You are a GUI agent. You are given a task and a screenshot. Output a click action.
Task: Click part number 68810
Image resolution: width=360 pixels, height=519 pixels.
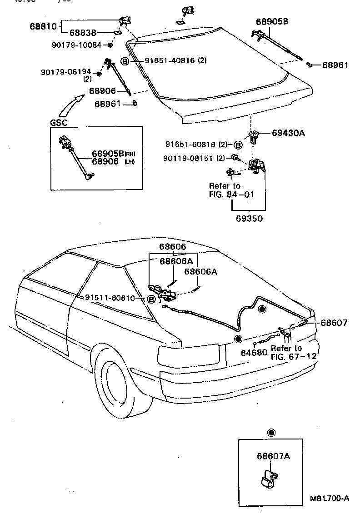pos(44,26)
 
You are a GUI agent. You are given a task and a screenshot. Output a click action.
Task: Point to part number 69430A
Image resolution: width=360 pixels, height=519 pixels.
pos(288,133)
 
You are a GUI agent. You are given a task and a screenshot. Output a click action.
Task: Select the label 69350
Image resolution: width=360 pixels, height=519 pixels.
pos(249,218)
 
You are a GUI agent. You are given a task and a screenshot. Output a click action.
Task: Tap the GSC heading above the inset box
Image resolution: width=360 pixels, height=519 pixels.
pos(58,123)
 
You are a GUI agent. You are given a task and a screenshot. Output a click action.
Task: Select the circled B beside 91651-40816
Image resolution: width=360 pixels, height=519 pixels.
pos(125,61)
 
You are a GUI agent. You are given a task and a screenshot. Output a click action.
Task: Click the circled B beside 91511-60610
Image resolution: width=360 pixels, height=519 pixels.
pos(151,299)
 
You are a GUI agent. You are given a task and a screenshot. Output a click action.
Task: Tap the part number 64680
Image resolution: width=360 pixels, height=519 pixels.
pos(254,353)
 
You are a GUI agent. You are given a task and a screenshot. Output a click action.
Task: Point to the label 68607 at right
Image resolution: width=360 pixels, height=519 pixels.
pos(334,323)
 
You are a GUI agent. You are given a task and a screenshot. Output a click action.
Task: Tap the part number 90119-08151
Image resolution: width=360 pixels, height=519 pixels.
pos(190,158)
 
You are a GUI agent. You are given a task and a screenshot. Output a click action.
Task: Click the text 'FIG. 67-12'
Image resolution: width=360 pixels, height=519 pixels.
pos(294,356)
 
